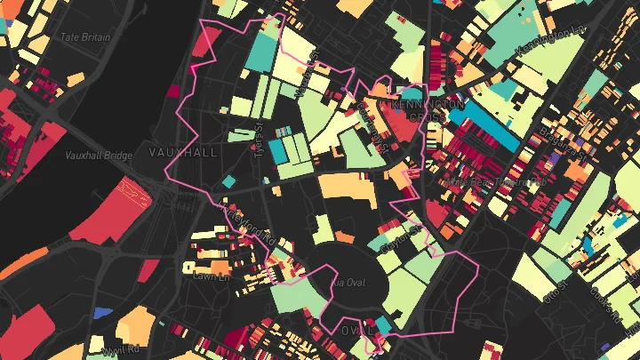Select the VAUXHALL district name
pyautogui.click(x=183, y=152)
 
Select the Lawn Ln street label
pyautogui.click(x=212, y=276)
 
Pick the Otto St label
pyautogui.click(x=557, y=291)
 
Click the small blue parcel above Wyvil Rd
pyautogui.click(x=103, y=312)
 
